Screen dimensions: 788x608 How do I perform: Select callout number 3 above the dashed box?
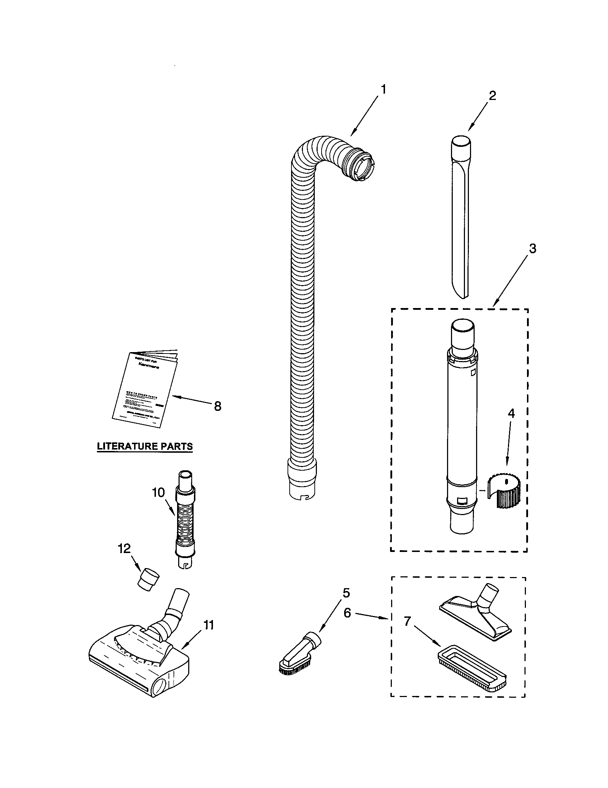click(x=533, y=249)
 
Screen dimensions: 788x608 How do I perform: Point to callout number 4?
click(x=511, y=414)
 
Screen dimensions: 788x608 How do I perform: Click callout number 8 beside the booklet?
click(x=217, y=407)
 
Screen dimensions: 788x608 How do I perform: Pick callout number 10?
click(x=158, y=492)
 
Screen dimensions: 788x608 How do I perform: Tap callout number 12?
click(x=124, y=549)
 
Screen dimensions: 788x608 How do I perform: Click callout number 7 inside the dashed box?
click(x=407, y=621)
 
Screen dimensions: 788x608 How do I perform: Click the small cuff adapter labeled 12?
click(x=149, y=579)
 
